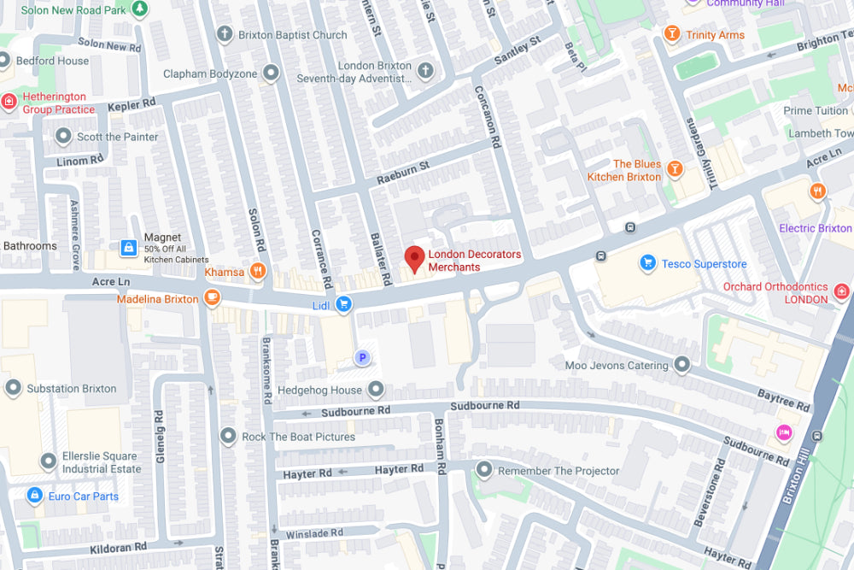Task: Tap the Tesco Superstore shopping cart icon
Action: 648,263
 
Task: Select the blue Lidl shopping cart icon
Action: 343,304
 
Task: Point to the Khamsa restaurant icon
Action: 257,272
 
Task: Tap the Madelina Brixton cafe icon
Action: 212,298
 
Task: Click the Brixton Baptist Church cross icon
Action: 225,35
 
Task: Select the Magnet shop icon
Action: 129,248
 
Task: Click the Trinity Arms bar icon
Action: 672,35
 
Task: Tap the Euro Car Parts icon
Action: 34,496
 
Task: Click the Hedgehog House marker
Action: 376,391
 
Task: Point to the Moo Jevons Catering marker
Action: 681,366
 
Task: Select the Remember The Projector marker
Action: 484,470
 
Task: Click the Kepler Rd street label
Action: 132,105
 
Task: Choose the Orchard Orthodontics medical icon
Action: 841,292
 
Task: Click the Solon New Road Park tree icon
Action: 139,9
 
